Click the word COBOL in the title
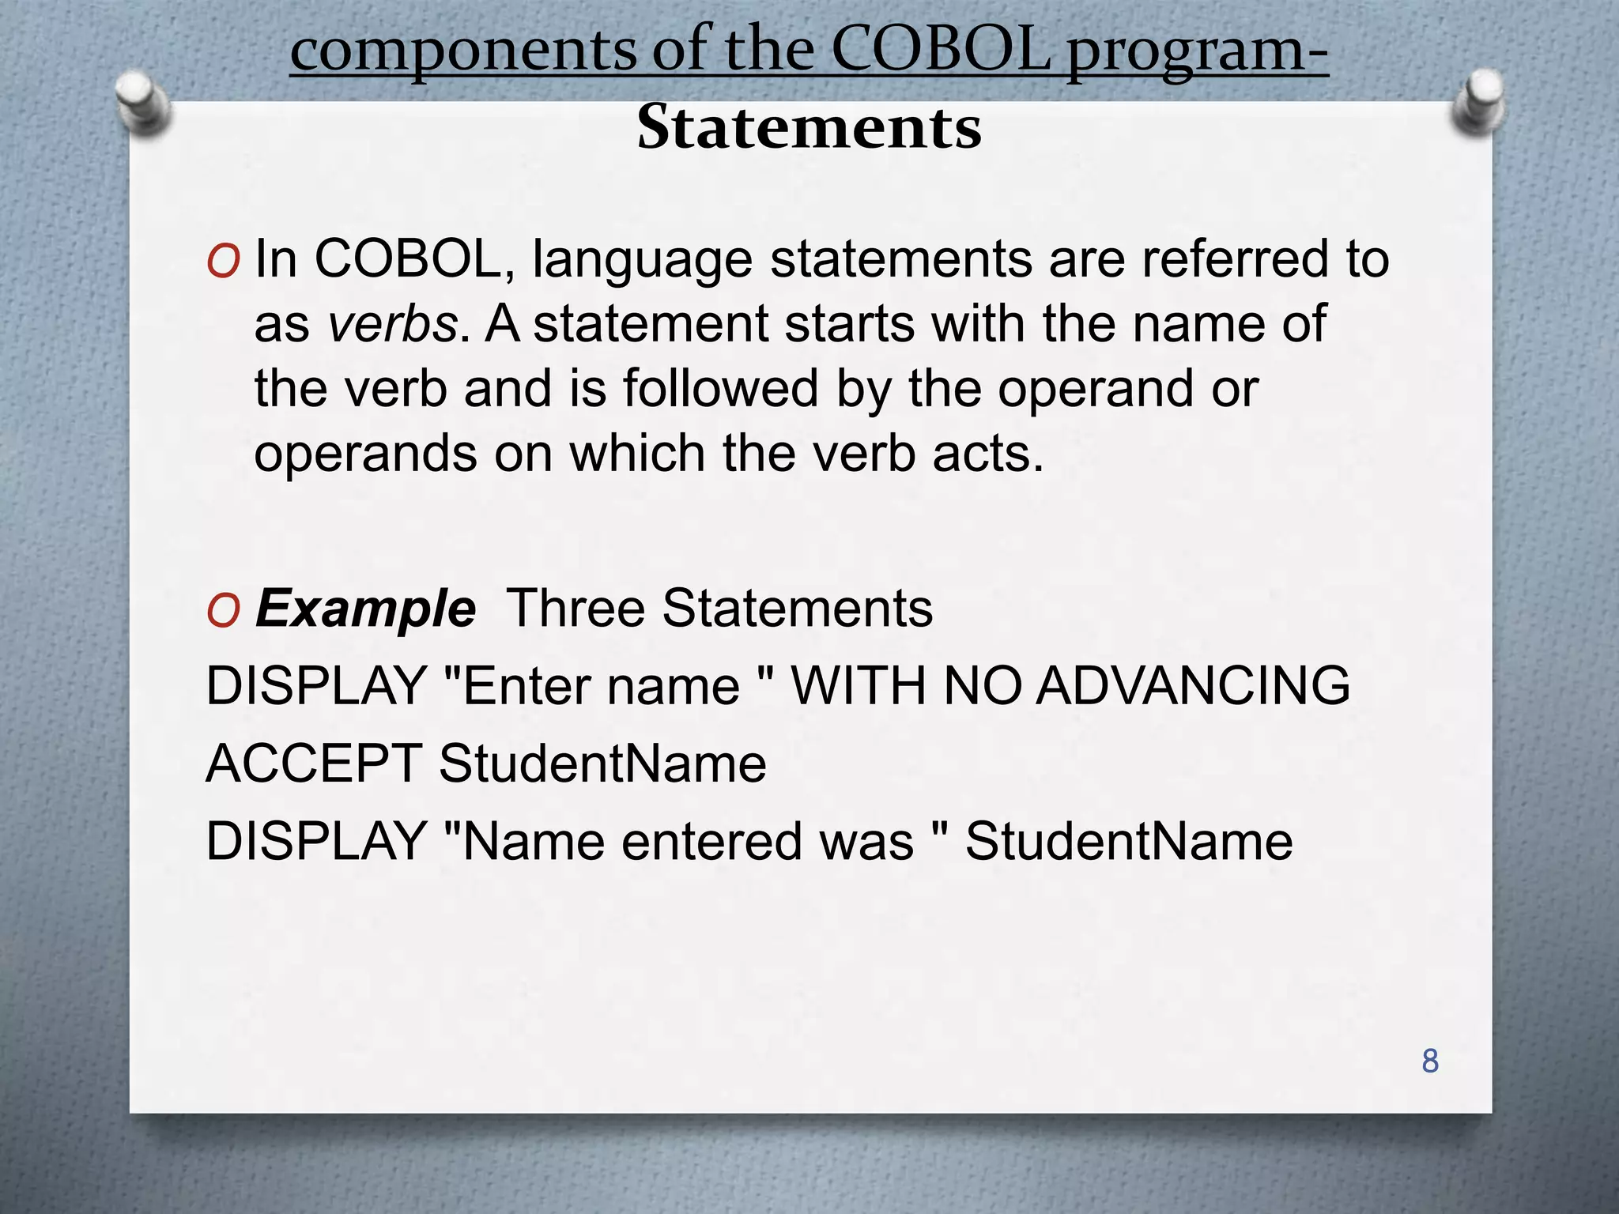coord(942,49)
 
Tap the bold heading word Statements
coord(809,127)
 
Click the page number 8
coord(1429,1061)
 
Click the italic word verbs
coord(393,324)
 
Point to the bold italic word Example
coord(365,609)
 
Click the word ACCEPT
coord(313,763)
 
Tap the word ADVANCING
coord(1193,685)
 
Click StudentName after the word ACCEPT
coord(602,763)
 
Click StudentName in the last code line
coord(1129,841)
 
